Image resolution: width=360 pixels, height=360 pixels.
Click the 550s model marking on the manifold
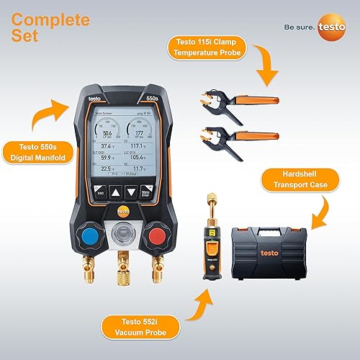[163, 100]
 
